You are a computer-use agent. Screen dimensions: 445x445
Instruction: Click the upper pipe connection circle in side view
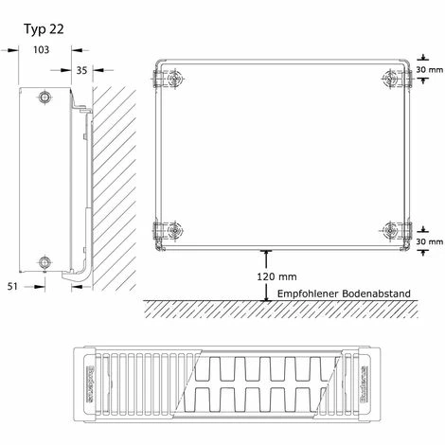pos(44,98)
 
